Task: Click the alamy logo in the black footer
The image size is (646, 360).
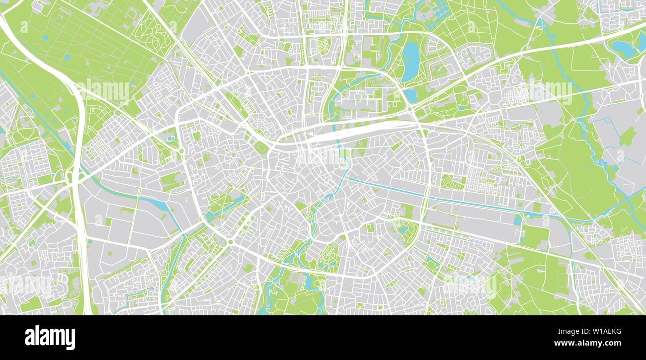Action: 50,338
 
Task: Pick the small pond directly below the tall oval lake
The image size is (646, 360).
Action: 410,95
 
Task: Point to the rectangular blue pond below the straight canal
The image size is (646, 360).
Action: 518,220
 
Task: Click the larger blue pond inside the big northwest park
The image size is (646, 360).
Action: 46,38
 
